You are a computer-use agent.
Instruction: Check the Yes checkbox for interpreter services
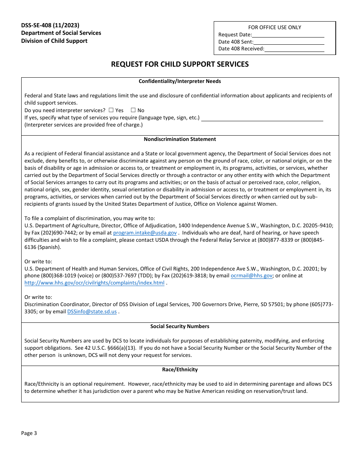tap(111, 110)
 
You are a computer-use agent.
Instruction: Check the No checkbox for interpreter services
tap(133, 110)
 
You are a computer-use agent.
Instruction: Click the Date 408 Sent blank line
tap(289, 42)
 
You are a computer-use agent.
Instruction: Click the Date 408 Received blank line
tap(294, 49)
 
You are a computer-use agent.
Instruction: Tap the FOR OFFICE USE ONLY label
tap(275, 28)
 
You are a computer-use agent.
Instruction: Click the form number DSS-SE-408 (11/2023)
tap(50, 25)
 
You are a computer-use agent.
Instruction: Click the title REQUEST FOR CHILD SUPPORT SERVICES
tap(180, 64)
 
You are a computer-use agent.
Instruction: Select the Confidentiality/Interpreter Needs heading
tap(180, 81)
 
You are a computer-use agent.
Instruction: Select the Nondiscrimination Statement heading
tap(180, 139)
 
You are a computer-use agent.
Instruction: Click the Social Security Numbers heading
tap(180, 327)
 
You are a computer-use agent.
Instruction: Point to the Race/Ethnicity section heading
tap(180, 370)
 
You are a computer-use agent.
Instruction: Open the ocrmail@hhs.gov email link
tap(251, 276)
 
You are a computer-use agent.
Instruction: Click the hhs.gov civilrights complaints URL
tap(94, 283)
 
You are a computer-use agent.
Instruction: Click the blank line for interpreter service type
tap(262, 118)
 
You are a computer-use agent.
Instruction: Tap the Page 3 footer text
tap(29, 433)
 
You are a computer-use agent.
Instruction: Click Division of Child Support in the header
tap(54, 41)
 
